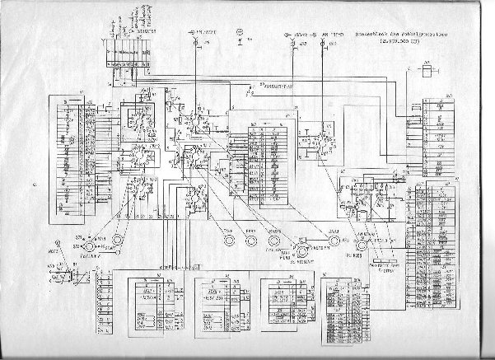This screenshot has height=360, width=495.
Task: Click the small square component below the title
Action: tap(426, 71)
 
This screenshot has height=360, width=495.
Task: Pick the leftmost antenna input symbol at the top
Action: tap(194, 36)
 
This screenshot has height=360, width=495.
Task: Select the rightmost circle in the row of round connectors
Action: tap(362, 242)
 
